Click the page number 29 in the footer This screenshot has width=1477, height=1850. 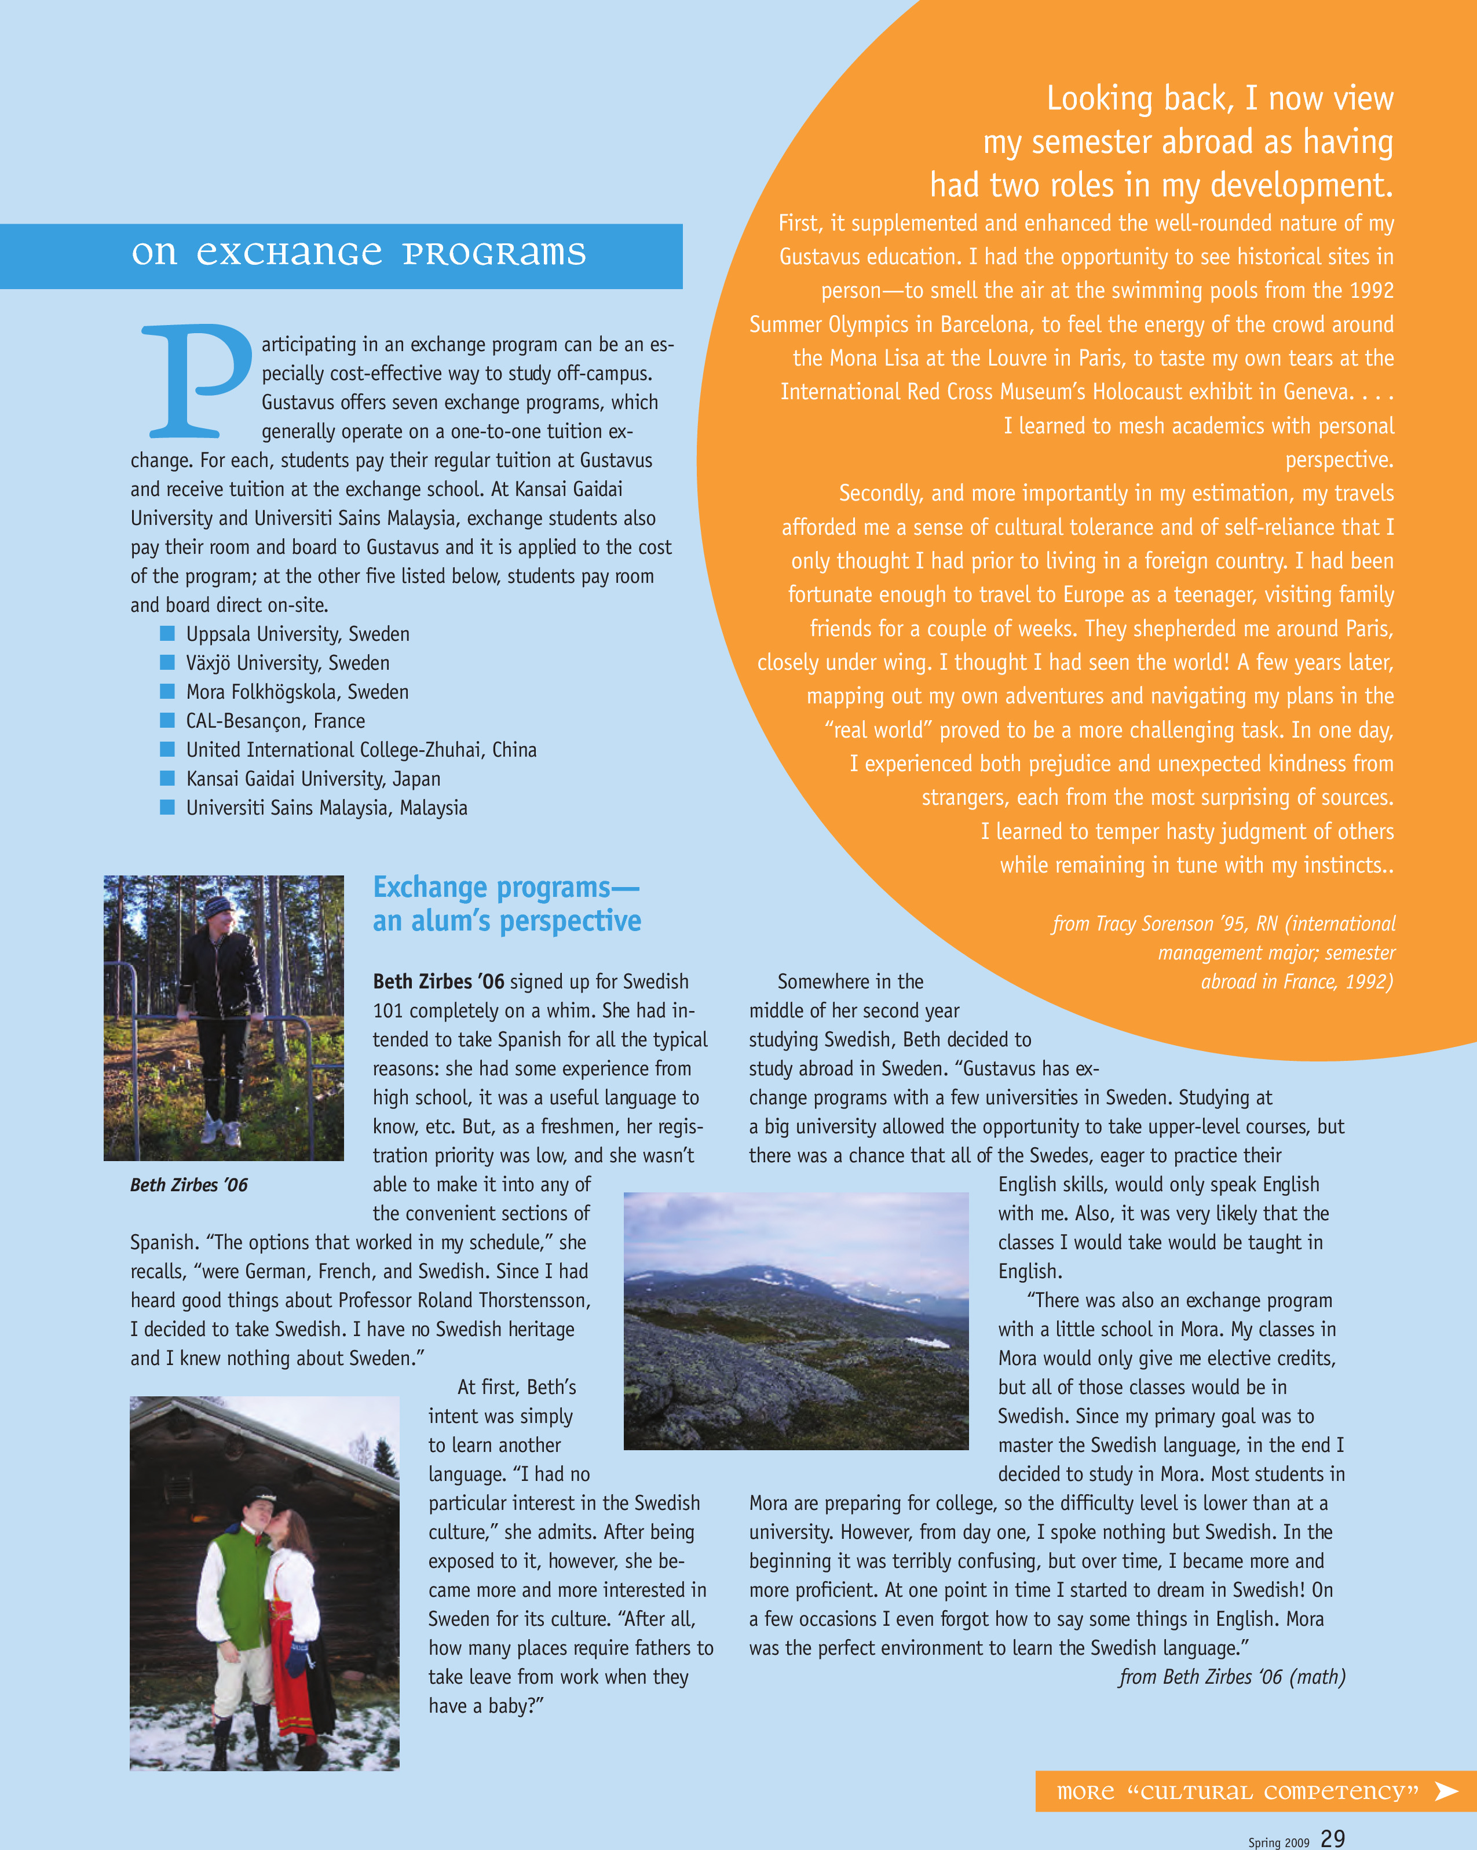(x=1332, y=1837)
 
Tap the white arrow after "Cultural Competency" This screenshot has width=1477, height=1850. (x=1447, y=1791)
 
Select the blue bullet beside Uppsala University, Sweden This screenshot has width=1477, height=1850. (x=167, y=633)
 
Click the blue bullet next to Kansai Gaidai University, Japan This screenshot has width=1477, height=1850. (x=167, y=778)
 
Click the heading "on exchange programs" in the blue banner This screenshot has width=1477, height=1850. (x=359, y=254)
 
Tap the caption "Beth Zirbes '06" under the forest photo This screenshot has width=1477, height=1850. (x=189, y=1185)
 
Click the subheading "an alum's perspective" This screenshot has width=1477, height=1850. (x=506, y=921)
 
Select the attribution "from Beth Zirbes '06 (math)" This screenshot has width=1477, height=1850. (x=1231, y=1677)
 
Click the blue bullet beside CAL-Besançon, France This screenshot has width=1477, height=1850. (x=167, y=720)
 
